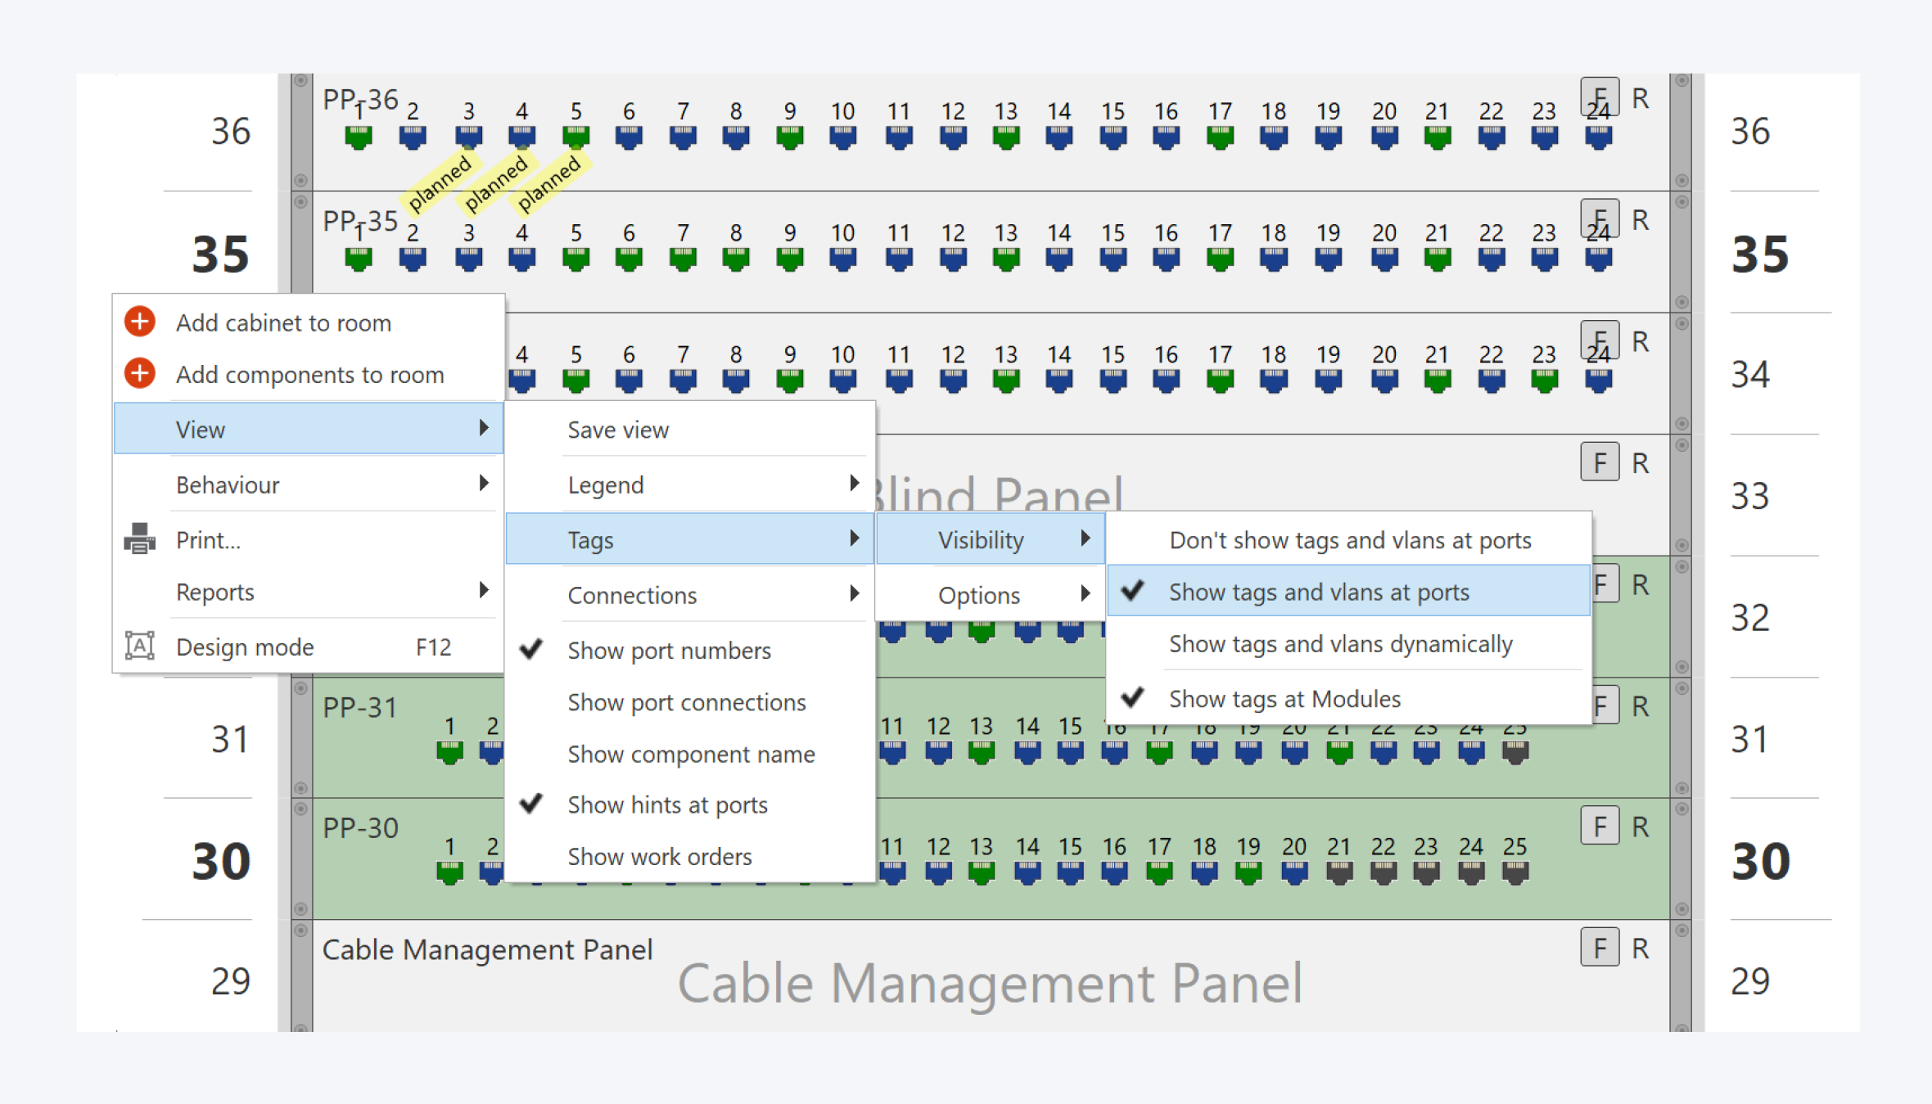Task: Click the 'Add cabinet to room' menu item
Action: [x=282, y=323]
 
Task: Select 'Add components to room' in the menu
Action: [x=309, y=375]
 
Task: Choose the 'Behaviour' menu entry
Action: [x=228, y=485]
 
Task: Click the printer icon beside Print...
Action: [x=139, y=539]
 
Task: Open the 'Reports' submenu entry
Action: [x=215, y=592]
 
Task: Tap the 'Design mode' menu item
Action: [x=245, y=647]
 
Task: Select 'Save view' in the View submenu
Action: [x=618, y=430]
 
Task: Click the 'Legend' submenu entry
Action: [x=606, y=485]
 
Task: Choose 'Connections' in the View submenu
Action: [x=632, y=595]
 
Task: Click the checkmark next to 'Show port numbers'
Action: [x=532, y=650]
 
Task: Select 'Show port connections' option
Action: [x=686, y=702]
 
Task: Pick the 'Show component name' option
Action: [x=691, y=754]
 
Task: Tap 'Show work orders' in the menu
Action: [x=659, y=857]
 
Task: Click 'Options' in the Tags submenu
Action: [x=979, y=595]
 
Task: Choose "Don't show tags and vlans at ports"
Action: [x=1349, y=540]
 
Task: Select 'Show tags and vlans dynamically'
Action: [x=1340, y=644]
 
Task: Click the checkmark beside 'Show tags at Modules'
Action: [x=1133, y=698]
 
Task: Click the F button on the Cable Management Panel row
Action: [x=1599, y=948]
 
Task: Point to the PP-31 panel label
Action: [x=360, y=707]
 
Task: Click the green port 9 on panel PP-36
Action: [x=789, y=137]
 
